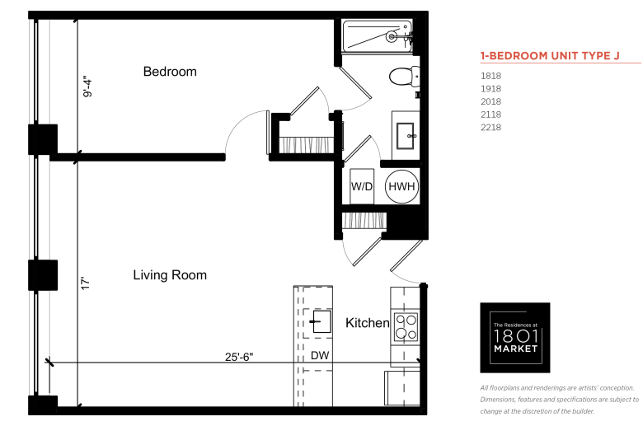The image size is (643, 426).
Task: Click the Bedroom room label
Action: [170, 72]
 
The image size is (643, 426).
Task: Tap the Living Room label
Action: [170, 274]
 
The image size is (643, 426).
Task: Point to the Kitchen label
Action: [367, 323]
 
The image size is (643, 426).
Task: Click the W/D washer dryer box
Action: [362, 186]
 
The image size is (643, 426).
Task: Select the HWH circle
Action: [402, 186]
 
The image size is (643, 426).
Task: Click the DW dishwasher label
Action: [320, 355]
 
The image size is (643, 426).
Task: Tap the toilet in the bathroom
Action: [404, 77]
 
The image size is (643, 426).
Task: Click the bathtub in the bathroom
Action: [378, 36]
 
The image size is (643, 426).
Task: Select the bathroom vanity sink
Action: [406, 136]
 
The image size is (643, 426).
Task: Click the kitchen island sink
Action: [321, 321]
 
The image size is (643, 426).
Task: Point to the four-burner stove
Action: [406, 327]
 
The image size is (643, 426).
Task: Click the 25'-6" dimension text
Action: [239, 357]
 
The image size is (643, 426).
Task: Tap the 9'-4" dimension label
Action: [87, 86]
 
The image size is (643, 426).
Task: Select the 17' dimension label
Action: [85, 283]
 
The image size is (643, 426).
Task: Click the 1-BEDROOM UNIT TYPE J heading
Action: [550, 56]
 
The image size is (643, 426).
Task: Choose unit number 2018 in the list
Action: [490, 101]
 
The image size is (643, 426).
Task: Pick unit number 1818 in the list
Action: [490, 76]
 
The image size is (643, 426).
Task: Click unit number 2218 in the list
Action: [490, 128]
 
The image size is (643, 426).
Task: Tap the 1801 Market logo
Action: [515, 338]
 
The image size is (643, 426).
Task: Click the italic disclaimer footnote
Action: [560, 400]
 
